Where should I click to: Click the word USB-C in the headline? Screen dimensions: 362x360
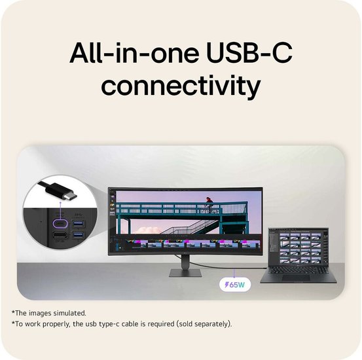pos(249,53)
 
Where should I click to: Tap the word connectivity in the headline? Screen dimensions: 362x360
pos(181,86)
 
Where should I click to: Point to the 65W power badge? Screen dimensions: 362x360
pos(235,285)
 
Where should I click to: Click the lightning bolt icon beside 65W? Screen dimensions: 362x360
pos(227,285)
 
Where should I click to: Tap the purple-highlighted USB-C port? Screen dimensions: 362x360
pos(60,224)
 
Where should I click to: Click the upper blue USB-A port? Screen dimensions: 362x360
pos(79,224)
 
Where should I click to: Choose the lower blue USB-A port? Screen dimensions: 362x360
pos(79,235)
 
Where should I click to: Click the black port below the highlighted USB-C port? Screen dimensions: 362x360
pos(60,236)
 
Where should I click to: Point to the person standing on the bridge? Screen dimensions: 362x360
pos(209,203)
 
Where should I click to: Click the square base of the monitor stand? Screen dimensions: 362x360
pos(185,273)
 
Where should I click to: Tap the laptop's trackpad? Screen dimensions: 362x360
pos(295,278)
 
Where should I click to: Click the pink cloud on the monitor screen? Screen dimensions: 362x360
pos(150,230)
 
